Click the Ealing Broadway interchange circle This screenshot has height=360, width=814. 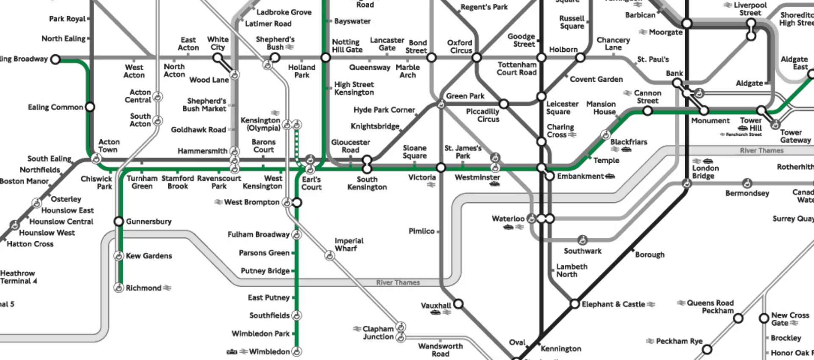[x=55, y=59]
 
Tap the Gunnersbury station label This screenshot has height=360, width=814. [x=148, y=221]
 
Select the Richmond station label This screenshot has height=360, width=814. [x=143, y=288]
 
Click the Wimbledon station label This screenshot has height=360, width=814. [x=269, y=352]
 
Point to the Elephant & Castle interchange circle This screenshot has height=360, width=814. [x=574, y=304]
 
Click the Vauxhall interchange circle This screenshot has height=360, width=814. [x=458, y=304]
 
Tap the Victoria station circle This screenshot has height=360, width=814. [x=441, y=168]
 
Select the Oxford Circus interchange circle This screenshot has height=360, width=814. [x=477, y=57]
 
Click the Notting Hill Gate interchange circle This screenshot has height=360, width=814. [x=326, y=57]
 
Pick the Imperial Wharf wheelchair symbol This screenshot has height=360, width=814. [x=329, y=255]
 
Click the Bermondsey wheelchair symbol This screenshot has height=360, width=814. [x=747, y=184]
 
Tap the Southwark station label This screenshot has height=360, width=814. [x=583, y=251]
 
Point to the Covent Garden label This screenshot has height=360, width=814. [x=596, y=79]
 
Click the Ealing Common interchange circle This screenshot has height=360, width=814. [x=90, y=107]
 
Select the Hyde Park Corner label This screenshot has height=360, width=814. [x=384, y=110]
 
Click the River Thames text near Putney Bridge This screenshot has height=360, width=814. [x=398, y=282]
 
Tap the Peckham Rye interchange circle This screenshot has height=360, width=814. [x=707, y=349]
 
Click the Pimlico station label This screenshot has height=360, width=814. [x=421, y=231]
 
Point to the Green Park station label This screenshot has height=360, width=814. [x=465, y=96]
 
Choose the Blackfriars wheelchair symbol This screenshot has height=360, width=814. [x=605, y=135]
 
